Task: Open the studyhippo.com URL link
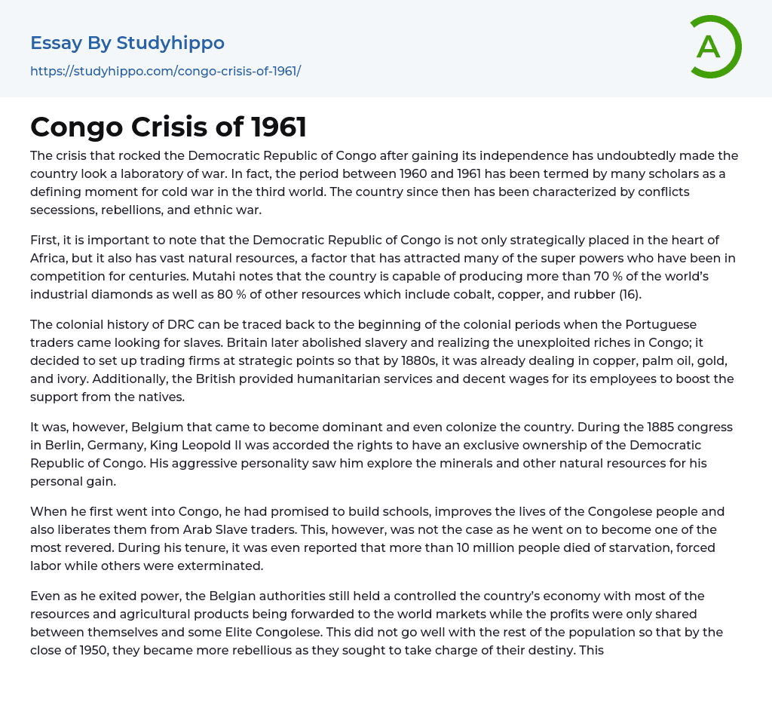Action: tap(165, 71)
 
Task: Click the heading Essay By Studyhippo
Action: tap(127, 43)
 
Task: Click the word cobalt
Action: tap(495, 294)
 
